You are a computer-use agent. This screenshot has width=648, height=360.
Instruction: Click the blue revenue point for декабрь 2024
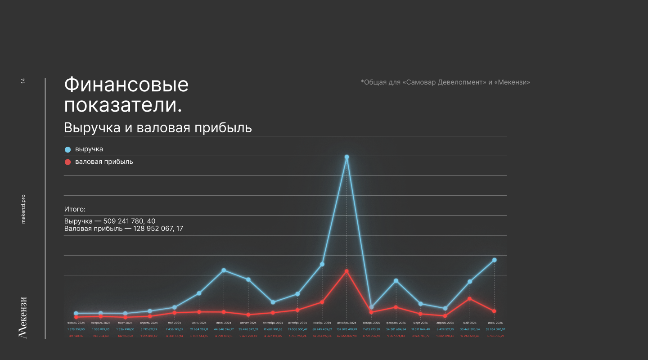[346, 157]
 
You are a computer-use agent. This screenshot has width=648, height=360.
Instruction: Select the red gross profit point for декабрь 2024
[346, 271]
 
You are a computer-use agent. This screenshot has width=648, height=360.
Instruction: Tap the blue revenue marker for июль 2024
[224, 270]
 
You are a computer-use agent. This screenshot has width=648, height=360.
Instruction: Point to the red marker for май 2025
[469, 299]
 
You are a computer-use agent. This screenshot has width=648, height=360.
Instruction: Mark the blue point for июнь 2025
[494, 260]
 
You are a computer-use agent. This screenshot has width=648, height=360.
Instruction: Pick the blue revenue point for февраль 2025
[396, 281]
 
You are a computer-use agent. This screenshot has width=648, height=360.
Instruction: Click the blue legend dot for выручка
[68, 149]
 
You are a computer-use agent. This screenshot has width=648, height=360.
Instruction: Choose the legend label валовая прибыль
[104, 162]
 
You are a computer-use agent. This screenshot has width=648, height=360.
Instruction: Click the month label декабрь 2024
[346, 323]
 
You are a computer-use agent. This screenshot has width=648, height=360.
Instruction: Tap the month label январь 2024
[76, 323]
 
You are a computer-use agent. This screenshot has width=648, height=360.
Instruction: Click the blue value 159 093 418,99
[346, 329]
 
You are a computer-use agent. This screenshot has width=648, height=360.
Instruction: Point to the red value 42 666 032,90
[346, 336]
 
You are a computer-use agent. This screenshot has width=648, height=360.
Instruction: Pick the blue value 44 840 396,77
[224, 329]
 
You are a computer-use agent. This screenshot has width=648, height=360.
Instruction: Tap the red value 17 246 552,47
[469, 336]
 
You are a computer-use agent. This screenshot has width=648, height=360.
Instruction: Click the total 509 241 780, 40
[129, 221]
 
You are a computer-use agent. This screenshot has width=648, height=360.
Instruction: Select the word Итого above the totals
[74, 209]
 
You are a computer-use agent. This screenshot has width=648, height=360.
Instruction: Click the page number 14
[23, 81]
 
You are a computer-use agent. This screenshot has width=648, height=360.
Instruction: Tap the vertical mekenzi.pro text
[23, 209]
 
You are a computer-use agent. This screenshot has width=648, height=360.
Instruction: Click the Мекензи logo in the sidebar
[23, 317]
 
